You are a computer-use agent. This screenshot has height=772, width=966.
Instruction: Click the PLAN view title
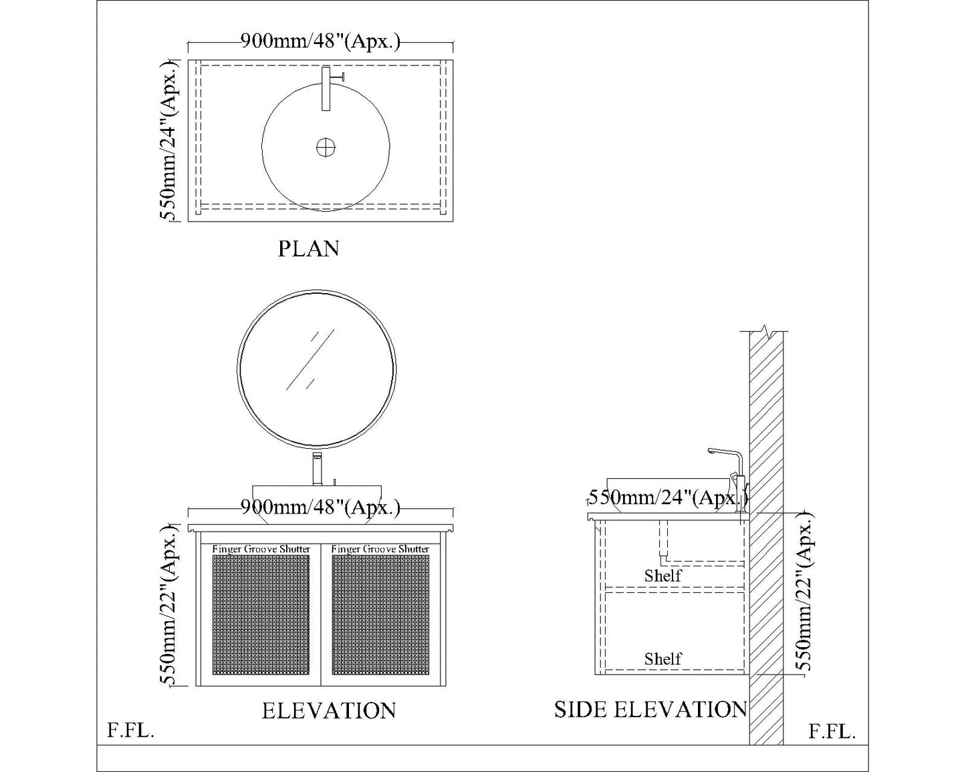pos(308,248)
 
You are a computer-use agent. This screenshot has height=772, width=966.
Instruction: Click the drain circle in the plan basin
pos(326,147)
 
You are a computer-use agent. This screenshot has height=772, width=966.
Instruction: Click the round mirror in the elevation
pos(316,369)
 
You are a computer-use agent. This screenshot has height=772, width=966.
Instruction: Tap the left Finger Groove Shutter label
pos(261,549)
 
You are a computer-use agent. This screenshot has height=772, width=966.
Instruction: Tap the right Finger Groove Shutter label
pos(380,549)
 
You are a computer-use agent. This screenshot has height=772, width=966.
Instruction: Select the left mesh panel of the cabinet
pos(261,614)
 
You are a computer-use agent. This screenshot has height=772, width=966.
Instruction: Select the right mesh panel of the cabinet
pos(380,614)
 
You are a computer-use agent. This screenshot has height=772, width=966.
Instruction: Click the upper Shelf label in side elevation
pos(662,576)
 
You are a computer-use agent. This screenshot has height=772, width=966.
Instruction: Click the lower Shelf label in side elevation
pos(662,658)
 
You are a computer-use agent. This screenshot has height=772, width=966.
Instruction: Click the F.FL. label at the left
pos(130,731)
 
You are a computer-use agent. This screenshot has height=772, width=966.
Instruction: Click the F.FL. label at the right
pos(832,731)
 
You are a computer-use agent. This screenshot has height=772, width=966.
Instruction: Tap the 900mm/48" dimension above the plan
pos(320,41)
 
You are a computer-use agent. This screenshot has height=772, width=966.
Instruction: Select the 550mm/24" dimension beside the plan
pos(169,140)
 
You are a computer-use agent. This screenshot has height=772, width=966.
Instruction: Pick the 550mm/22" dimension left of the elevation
pos(169,605)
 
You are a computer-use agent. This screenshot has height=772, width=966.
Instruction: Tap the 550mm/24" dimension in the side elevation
pos(668,498)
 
